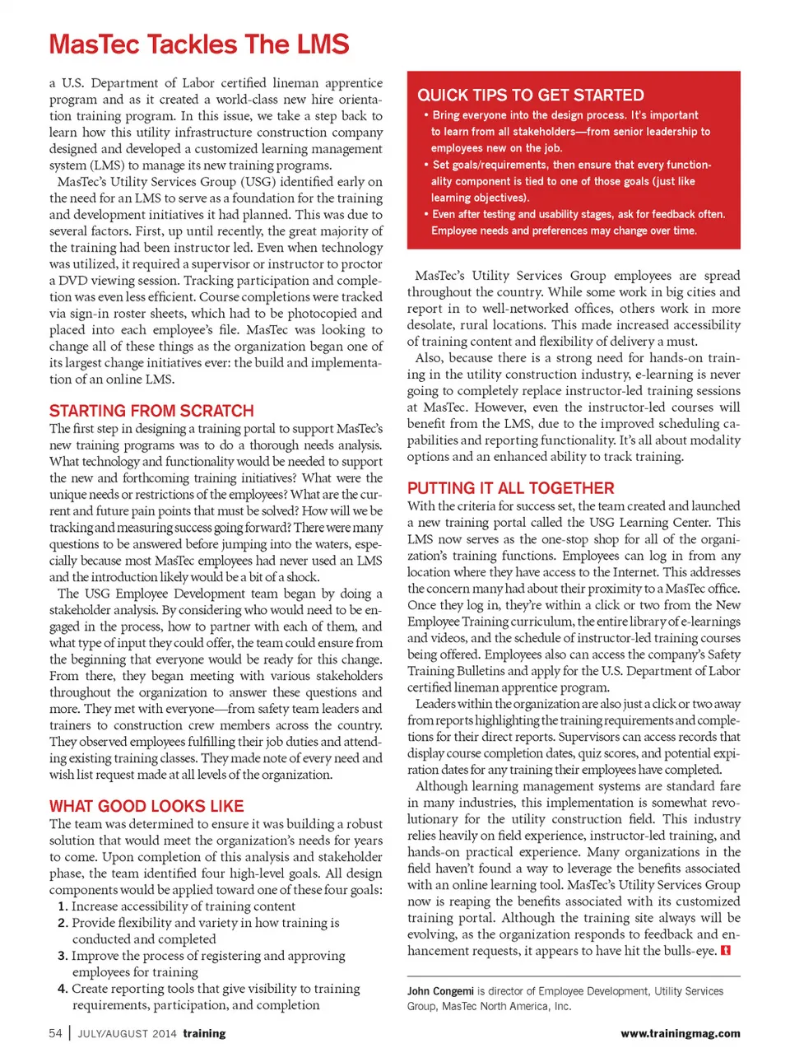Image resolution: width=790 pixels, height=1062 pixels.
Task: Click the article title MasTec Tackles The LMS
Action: pyautogui.click(x=199, y=44)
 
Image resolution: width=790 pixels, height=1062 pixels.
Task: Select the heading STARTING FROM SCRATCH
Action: pyautogui.click(x=151, y=411)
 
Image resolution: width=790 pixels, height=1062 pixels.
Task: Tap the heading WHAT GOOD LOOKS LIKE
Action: pyautogui.click(x=146, y=806)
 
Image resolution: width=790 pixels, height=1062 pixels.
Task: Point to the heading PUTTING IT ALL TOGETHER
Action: pyautogui.click(x=510, y=488)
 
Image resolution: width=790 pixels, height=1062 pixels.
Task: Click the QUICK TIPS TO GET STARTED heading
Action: pyautogui.click(x=531, y=95)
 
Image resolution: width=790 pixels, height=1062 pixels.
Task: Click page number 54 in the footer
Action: pyautogui.click(x=55, y=1033)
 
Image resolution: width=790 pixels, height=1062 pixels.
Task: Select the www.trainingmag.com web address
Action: pyautogui.click(x=680, y=1033)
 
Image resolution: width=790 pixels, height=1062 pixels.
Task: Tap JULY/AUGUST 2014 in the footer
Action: pyautogui.click(x=127, y=1033)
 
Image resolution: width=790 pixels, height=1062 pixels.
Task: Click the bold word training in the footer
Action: pyautogui.click(x=204, y=1033)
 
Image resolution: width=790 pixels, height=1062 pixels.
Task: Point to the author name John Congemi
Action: pyautogui.click(x=440, y=991)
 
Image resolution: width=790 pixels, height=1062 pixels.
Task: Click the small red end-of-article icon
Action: pyautogui.click(x=726, y=951)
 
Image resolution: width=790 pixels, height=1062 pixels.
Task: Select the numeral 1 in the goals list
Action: pyautogui.click(x=63, y=906)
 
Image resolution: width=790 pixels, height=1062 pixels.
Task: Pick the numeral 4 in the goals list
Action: pyautogui.click(x=63, y=989)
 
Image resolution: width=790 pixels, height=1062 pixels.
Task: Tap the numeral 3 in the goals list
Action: pyautogui.click(x=63, y=956)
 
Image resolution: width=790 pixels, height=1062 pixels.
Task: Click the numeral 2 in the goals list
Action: pyautogui.click(x=63, y=923)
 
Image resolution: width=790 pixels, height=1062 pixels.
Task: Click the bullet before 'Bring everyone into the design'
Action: pyautogui.click(x=426, y=115)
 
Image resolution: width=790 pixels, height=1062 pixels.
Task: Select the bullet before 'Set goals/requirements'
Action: pyautogui.click(x=426, y=165)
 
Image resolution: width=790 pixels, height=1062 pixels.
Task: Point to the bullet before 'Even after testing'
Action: pyautogui.click(x=426, y=214)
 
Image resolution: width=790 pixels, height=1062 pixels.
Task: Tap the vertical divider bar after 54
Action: pyautogui.click(x=70, y=1033)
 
